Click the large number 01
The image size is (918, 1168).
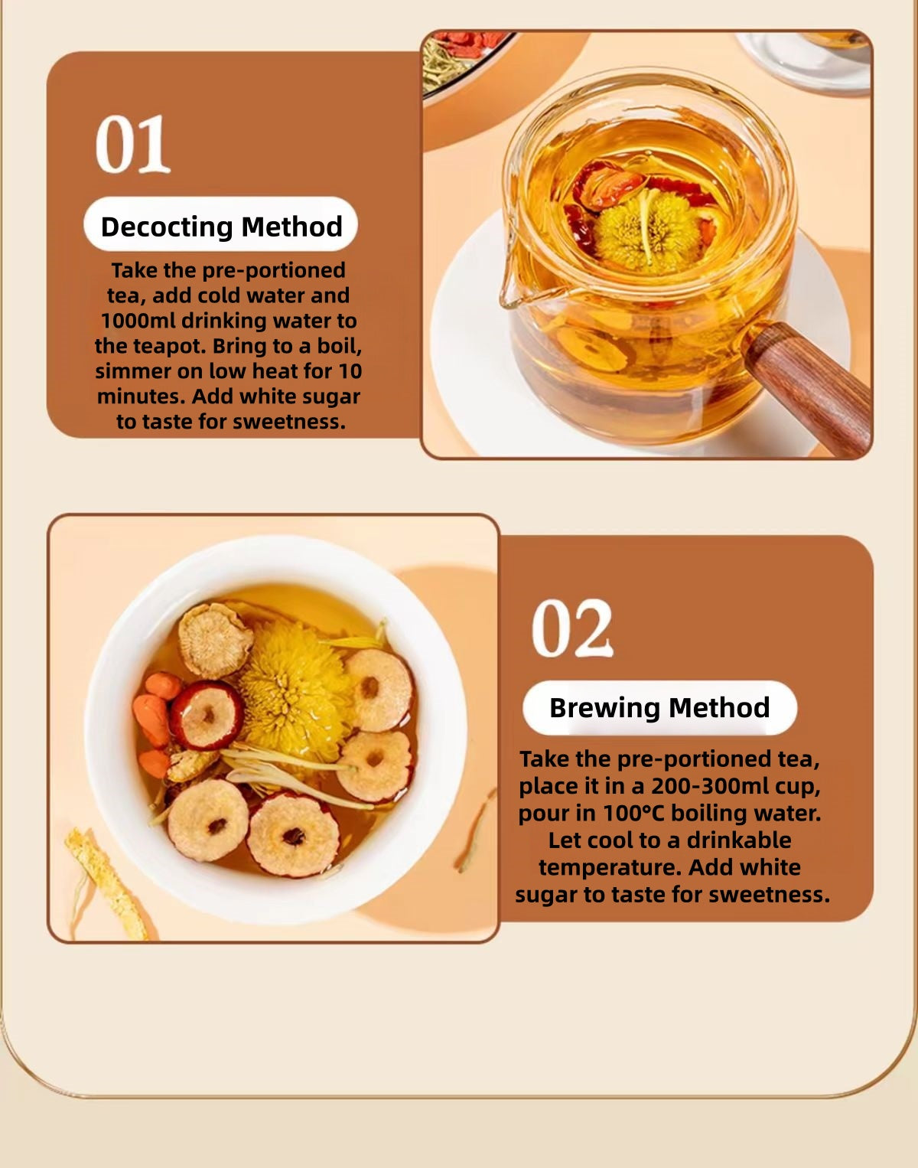coord(132,144)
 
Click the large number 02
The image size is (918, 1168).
coord(572,628)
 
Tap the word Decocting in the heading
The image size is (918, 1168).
coord(168,227)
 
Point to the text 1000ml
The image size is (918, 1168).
coord(138,321)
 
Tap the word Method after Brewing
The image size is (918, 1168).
coord(719,708)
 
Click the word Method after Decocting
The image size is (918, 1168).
coord(292,227)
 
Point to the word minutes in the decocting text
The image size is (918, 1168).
coord(141,396)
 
